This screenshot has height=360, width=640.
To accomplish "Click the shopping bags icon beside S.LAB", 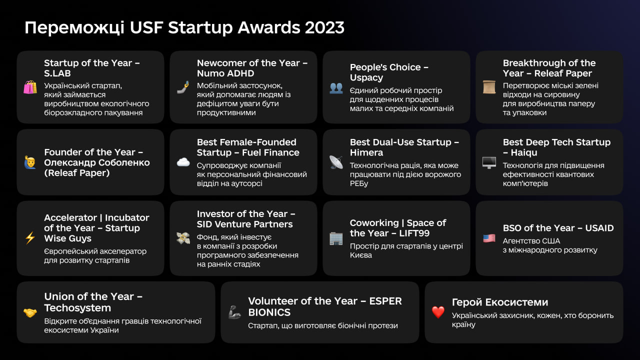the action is coord(30,87).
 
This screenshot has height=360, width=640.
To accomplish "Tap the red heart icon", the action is coord(438,312).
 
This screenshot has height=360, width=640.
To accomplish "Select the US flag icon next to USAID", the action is coord(489,238).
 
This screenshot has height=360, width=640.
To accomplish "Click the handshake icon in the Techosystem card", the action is coord(30,313).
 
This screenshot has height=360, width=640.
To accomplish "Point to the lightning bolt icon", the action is coord(30,237).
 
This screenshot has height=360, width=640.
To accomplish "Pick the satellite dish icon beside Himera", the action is coord(336,162).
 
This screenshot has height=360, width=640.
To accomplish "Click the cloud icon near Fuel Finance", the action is coord(183,162).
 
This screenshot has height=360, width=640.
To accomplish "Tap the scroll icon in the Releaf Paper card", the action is coord(489,87).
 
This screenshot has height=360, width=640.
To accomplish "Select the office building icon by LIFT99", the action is coord(336,238).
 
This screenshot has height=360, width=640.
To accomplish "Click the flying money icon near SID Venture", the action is coord(183,238).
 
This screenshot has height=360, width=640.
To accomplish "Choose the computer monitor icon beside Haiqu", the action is coord(489,162).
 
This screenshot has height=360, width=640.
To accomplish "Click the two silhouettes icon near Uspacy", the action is coord(336,87).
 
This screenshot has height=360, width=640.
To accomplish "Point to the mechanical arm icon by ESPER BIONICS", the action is coord(234,312).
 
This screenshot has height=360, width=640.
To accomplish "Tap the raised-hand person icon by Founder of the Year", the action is coord(30,162).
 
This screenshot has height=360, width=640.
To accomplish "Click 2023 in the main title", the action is coord(324,27).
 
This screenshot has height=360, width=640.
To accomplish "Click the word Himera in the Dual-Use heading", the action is coord(366,152).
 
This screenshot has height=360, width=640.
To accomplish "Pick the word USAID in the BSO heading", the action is coord(599,228).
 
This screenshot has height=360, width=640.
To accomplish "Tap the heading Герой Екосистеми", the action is coord(500,302).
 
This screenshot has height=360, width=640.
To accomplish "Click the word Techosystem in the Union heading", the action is coord(77,308).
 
